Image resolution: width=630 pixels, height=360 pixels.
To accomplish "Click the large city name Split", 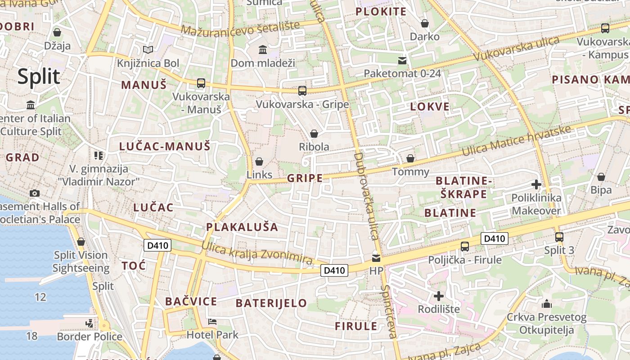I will (x=39, y=77).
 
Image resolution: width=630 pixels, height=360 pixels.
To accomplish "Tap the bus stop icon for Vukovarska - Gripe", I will (x=302, y=90).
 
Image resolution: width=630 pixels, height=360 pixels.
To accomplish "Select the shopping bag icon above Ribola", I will (x=314, y=134).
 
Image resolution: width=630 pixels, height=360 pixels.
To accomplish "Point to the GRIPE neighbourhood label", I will (x=305, y=178).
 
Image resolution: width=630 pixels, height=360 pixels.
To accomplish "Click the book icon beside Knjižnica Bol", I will (x=148, y=49).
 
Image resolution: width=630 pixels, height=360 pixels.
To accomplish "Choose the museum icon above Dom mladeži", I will (x=263, y=49).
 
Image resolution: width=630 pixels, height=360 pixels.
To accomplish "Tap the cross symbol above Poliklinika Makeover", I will (x=536, y=184).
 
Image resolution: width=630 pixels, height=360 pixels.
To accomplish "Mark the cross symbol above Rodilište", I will (x=438, y=296).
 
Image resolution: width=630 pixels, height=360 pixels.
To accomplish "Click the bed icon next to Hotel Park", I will (x=212, y=322).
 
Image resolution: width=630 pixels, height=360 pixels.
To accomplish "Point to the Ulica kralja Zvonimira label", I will (x=257, y=253).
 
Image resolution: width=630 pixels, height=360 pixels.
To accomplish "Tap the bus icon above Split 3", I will (x=559, y=237).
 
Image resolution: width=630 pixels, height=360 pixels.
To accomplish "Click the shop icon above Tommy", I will (x=410, y=158).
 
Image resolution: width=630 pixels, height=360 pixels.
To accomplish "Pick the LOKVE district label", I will (x=430, y=107).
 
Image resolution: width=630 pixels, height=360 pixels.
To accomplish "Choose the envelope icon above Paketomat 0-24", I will (x=402, y=60).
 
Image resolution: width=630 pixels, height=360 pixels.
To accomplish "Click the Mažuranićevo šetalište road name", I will (x=240, y=28).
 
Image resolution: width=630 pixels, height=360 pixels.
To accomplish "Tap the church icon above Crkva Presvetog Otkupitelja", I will (x=547, y=304).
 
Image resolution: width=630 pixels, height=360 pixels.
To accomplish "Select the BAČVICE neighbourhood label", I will (x=191, y=301).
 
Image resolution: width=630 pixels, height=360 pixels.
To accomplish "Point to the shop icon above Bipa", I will (x=601, y=177).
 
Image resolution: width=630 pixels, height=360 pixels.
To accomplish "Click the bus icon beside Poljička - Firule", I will (x=464, y=246).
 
